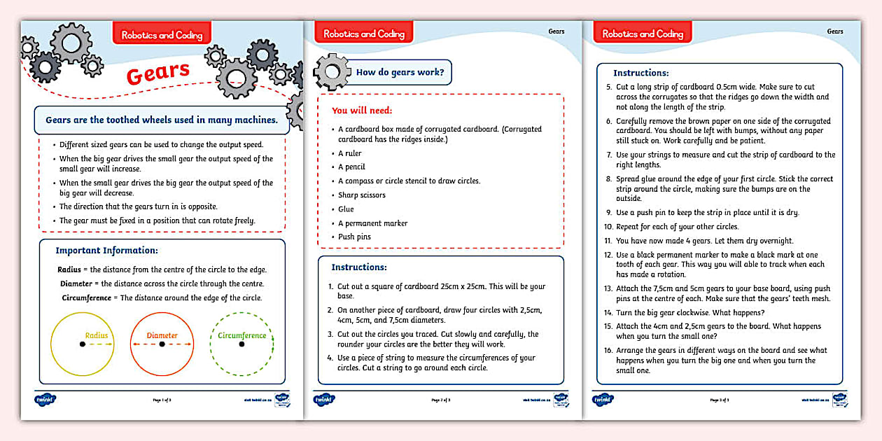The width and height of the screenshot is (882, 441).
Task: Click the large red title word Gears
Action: click(158, 73)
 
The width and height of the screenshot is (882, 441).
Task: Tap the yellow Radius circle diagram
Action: click(82, 344)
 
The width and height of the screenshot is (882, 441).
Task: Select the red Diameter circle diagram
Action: click(162, 344)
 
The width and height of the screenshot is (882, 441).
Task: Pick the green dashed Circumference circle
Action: click(241, 344)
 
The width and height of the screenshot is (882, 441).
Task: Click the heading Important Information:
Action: click(106, 251)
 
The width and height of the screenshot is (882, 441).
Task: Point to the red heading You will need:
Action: click(362, 111)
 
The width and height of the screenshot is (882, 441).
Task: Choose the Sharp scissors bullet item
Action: click(361, 195)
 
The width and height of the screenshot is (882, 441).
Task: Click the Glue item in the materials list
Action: click(346, 209)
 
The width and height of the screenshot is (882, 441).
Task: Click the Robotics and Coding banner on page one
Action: click(162, 34)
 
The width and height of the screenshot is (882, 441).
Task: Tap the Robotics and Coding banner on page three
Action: click(642, 34)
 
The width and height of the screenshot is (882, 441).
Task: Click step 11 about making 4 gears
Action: click(703, 241)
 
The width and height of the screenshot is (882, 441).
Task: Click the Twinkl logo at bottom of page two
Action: click(323, 400)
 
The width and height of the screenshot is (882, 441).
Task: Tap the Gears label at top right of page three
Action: click(834, 31)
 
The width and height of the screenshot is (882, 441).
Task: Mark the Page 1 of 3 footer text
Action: click(162, 400)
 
